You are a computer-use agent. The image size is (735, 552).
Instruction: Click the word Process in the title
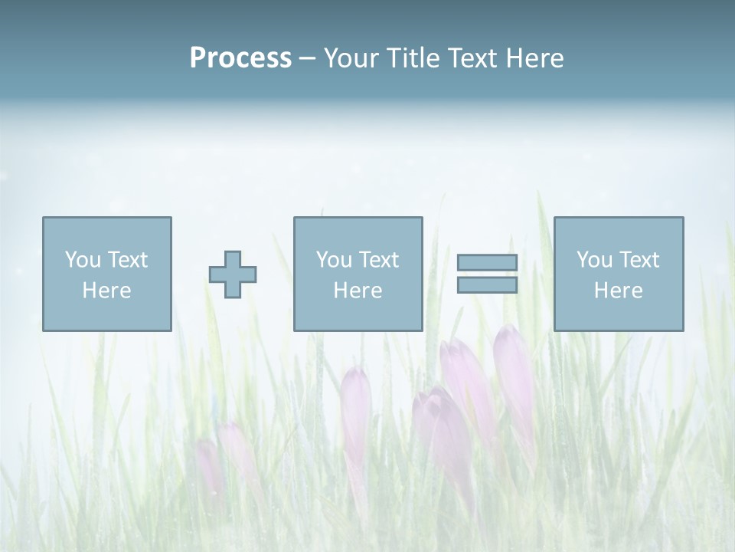click(240, 58)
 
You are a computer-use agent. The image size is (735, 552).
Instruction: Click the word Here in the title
click(537, 58)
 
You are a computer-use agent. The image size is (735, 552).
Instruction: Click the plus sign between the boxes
click(233, 274)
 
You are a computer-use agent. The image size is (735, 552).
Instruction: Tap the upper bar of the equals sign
click(487, 263)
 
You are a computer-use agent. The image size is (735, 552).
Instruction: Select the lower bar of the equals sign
click(487, 285)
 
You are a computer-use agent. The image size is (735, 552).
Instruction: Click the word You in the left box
click(83, 260)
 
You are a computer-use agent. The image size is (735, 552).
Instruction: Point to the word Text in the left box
click(126, 260)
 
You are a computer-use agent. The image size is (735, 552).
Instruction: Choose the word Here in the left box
click(106, 291)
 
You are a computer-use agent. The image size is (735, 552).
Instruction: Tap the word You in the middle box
click(334, 260)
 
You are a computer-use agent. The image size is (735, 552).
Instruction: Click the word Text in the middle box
click(377, 260)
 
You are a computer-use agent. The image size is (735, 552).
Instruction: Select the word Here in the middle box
click(358, 291)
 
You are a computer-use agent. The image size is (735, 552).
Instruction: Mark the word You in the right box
click(594, 260)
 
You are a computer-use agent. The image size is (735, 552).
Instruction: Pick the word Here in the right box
click(618, 291)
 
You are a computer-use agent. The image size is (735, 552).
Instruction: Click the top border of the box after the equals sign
click(619, 218)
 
